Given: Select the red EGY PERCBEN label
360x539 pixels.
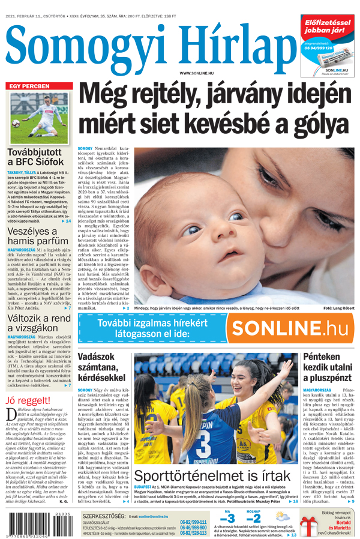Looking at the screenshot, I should (x=29, y=86).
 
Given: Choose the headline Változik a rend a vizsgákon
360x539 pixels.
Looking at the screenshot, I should (x=40, y=324).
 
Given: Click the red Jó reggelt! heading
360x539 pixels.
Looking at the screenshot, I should (x=28, y=400).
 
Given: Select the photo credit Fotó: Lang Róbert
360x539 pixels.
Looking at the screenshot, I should (x=338, y=309).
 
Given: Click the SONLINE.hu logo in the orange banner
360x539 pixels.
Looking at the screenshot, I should (x=290, y=329).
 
